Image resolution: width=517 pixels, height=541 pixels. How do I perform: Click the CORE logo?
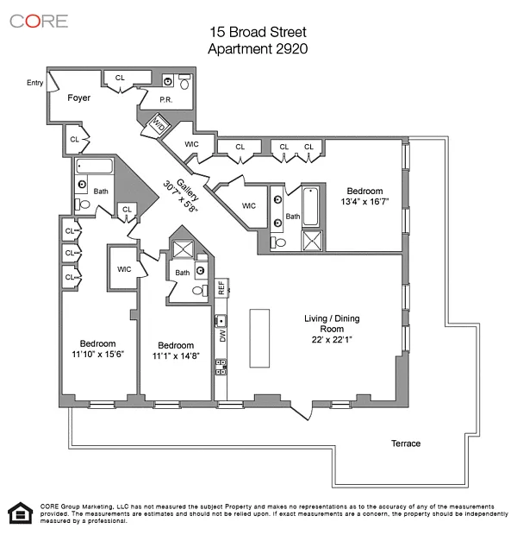click(39, 21)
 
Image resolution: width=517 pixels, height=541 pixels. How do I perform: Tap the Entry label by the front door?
click(34, 83)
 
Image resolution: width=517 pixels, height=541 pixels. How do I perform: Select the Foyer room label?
click(79, 98)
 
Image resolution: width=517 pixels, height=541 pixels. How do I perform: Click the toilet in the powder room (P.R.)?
click(184, 81)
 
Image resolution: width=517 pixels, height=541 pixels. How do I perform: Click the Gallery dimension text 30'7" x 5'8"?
click(180, 197)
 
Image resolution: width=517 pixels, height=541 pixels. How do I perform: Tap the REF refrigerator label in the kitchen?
click(221, 287)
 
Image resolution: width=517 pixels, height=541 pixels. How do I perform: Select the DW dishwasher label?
click(222, 336)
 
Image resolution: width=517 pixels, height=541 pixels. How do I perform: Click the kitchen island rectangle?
click(259, 338)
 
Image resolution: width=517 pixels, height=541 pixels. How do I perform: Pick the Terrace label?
click(406, 443)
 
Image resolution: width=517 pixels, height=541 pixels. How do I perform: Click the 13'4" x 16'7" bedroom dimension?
click(364, 202)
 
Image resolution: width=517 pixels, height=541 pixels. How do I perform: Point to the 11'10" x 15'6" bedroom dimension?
click(97, 354)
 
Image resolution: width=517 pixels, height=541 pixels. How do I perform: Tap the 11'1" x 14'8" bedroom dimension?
click(176, 355)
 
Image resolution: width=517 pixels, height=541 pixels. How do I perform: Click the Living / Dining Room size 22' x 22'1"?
click(332, 339)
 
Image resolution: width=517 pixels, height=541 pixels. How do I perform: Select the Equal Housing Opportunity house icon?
click(21, 513)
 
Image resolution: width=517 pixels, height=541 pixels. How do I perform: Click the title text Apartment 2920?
click(258, 48)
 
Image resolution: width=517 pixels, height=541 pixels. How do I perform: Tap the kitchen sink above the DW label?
click(221, 320)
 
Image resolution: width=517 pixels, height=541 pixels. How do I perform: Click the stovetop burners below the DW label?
click(221, 367)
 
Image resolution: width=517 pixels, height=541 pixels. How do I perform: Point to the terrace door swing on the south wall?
click(302, 412)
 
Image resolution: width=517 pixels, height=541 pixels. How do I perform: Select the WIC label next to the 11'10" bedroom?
click(124, 269)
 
